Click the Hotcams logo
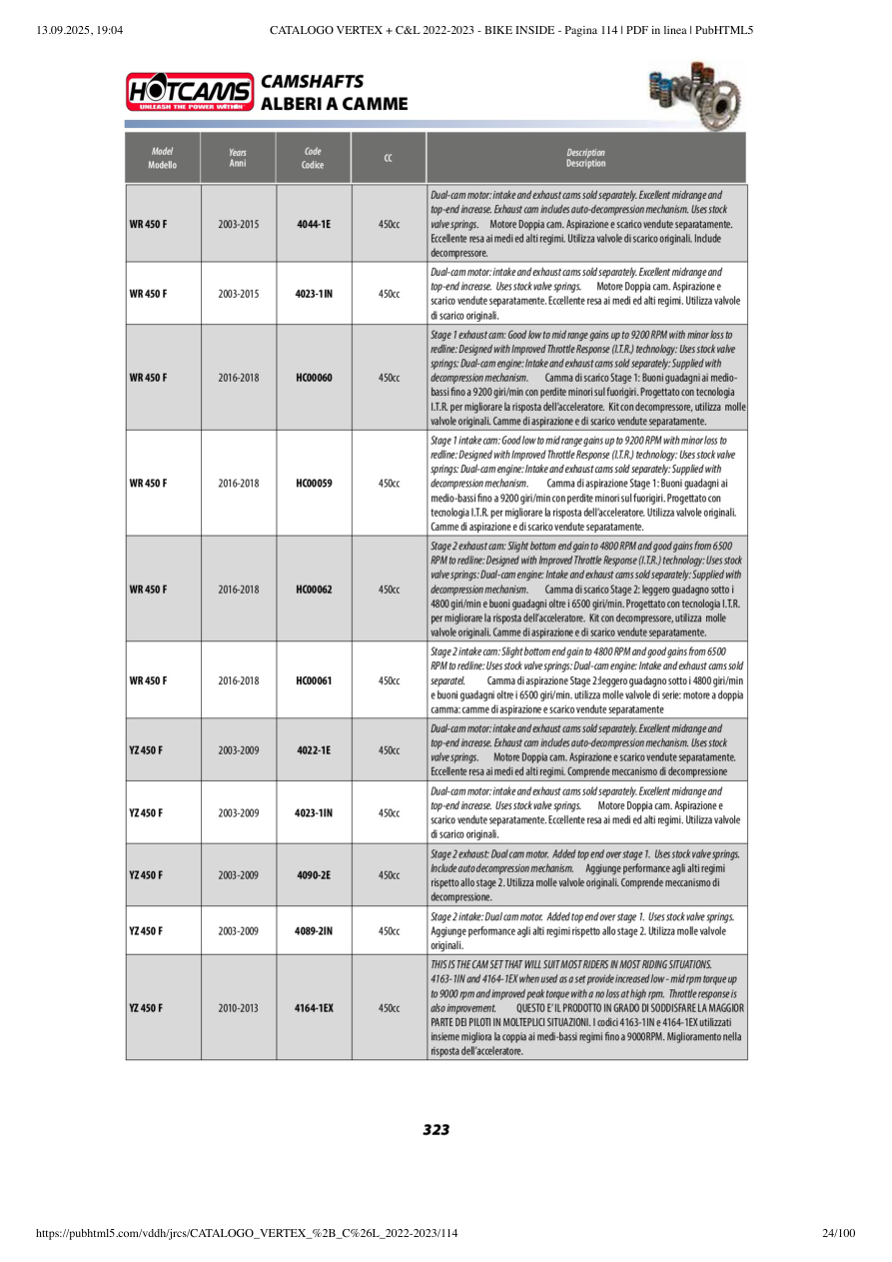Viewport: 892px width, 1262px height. pos(189,92)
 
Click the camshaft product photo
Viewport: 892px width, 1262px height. pos(696,93)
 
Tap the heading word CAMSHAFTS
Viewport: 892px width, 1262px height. pos(312,82)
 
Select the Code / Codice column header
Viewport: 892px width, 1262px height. pos(313,158)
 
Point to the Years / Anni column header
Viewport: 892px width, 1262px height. pos(238,158)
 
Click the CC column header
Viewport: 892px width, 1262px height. pos(388,158)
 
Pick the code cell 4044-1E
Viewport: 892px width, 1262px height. pos(314,224)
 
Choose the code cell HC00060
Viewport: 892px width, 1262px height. pos(314,378)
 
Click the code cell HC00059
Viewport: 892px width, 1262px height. pos(314,484)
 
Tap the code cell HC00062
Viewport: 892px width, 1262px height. pos(314,590)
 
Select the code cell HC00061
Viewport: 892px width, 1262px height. pos(314,680)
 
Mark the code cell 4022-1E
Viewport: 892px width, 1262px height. pos(314,750)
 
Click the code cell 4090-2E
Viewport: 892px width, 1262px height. pos(314,875)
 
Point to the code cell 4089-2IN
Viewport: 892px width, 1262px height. pos(314,931)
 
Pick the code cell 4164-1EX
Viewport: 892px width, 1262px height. pos(314,1008)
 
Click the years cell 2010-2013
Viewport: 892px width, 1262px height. pos(238,1008)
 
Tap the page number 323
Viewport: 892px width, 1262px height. pos(436,1130)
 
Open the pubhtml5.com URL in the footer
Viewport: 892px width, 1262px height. pos(247,1233)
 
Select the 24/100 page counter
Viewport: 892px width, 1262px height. pos(838,1233)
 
